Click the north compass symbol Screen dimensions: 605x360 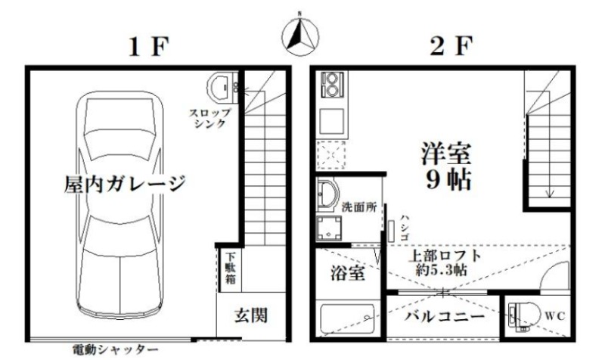pos(300,36)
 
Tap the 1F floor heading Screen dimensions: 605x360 pos(149,48)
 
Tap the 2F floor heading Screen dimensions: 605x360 pos(451,47)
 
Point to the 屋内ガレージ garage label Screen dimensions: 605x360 pos(124,184)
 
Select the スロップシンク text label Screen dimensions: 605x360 pos(210,119)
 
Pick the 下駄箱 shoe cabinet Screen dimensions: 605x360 pos(231,268)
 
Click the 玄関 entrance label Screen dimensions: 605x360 pos(250,316)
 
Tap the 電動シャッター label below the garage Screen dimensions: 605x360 pos(116,350)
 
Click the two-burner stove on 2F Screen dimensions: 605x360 pos(331,85)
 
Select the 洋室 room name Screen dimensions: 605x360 pos(445,154)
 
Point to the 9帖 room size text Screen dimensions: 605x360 pos(448,180)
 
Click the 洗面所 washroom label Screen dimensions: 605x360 pos(358,207)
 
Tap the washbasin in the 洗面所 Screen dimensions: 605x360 pos(327,195)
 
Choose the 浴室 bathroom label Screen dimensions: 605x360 pos(348,273)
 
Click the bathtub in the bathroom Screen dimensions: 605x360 pos(348,319)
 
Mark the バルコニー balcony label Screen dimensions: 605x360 pos(445,317)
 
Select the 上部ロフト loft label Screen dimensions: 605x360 pos(445,256)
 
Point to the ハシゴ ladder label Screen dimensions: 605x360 pos(404,228)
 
